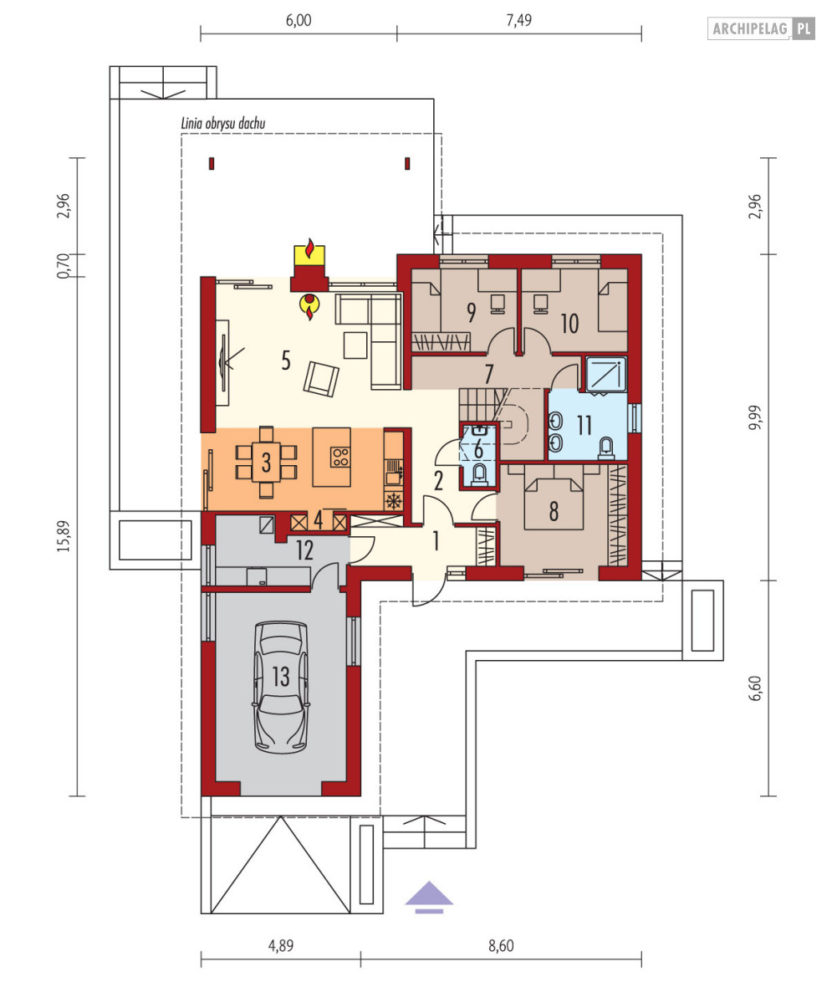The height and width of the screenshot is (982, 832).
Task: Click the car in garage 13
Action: tap(280, 687)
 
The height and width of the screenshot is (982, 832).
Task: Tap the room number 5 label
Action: tap(286, 361)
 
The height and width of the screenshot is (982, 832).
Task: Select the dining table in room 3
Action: tap(266, 463)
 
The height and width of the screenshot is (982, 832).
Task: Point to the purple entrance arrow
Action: tap(429, 897)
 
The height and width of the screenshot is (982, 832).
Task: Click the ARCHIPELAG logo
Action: tap(761, 28)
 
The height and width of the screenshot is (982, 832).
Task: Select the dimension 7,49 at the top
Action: tap(519, 21)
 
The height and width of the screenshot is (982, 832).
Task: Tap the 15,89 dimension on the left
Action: tap(64, 536)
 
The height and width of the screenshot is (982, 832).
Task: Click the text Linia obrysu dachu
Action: tap(223, 123)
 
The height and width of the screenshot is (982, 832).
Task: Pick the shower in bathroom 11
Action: tap(605, 375)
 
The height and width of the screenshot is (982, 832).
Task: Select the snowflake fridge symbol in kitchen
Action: tap(394, 501)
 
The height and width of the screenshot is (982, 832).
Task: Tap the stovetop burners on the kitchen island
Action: tap(340, 458)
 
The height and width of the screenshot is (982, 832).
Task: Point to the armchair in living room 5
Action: tap(321, 379)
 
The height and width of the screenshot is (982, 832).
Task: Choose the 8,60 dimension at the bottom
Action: tap(501, 946)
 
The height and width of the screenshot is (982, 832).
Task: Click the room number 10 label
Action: tap(569, 324)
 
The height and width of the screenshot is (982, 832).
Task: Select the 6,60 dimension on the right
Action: tap(756, 688)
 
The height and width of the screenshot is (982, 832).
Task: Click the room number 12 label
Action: tap(304, 550)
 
